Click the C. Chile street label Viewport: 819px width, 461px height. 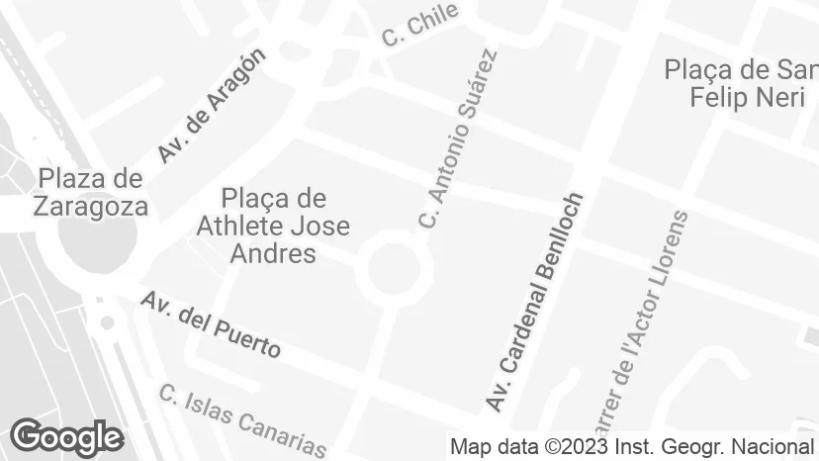[x=420, y=25]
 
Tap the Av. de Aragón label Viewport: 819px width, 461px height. [x=212, y=105]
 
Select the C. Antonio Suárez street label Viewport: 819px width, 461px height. [x=456, y=138]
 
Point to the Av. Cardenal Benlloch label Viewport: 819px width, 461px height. [x=535, y=302]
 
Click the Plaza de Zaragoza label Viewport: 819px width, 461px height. [x=90, y=192]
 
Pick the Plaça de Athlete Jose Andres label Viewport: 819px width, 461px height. [x=273, y=226]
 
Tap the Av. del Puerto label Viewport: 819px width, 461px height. [x=210, y=323]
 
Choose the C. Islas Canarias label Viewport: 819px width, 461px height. [x=242, y=419]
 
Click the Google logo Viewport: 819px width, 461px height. [x=66, y=436]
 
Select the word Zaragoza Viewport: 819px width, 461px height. [x=90, y=206]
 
